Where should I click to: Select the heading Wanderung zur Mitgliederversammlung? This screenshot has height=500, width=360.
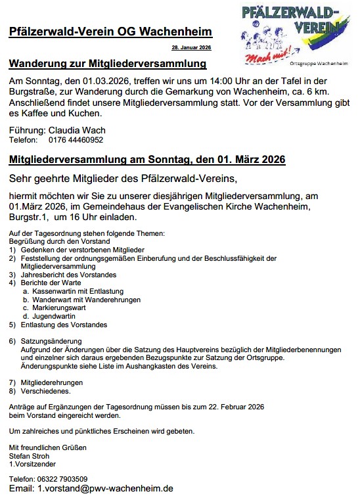pyautogui.click(x=108, y=64)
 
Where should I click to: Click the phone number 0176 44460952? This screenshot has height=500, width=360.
pyautogui.click(x=76, y=140)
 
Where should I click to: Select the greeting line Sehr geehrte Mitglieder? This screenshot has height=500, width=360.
pyautogui.click(x=122, y=177)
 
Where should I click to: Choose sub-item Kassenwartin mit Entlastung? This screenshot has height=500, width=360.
pyautogui.click(x=78, y=291)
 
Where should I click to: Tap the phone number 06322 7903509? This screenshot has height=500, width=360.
pyautogui.click(x=63, y=480)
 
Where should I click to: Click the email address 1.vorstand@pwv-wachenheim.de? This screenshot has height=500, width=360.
pyautogui.click(x=104, y=489)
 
